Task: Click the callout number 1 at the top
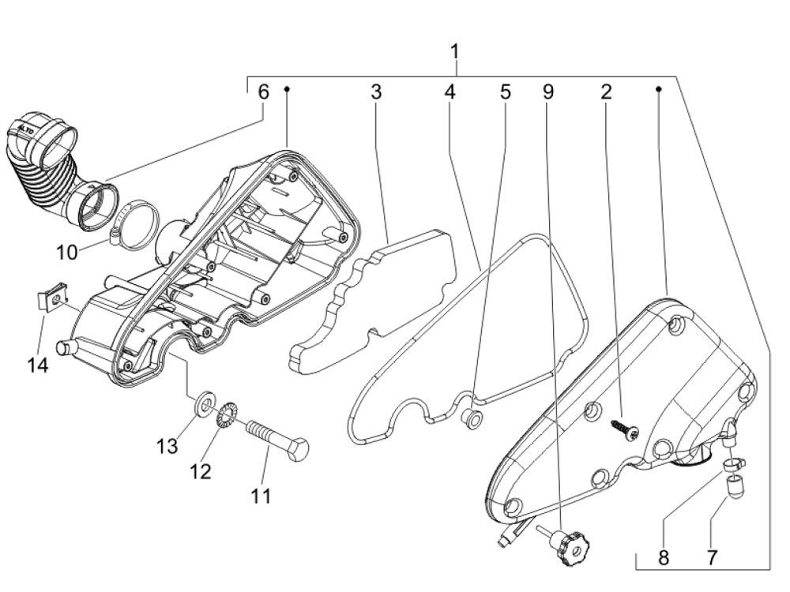point(455,52)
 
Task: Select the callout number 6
point(264,92)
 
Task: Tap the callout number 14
point(38,365)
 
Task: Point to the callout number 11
point(261,496)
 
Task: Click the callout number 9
point(548,92)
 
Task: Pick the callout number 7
point(712,558)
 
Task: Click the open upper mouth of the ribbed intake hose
point(59,141)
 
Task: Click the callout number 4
point(450,92)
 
